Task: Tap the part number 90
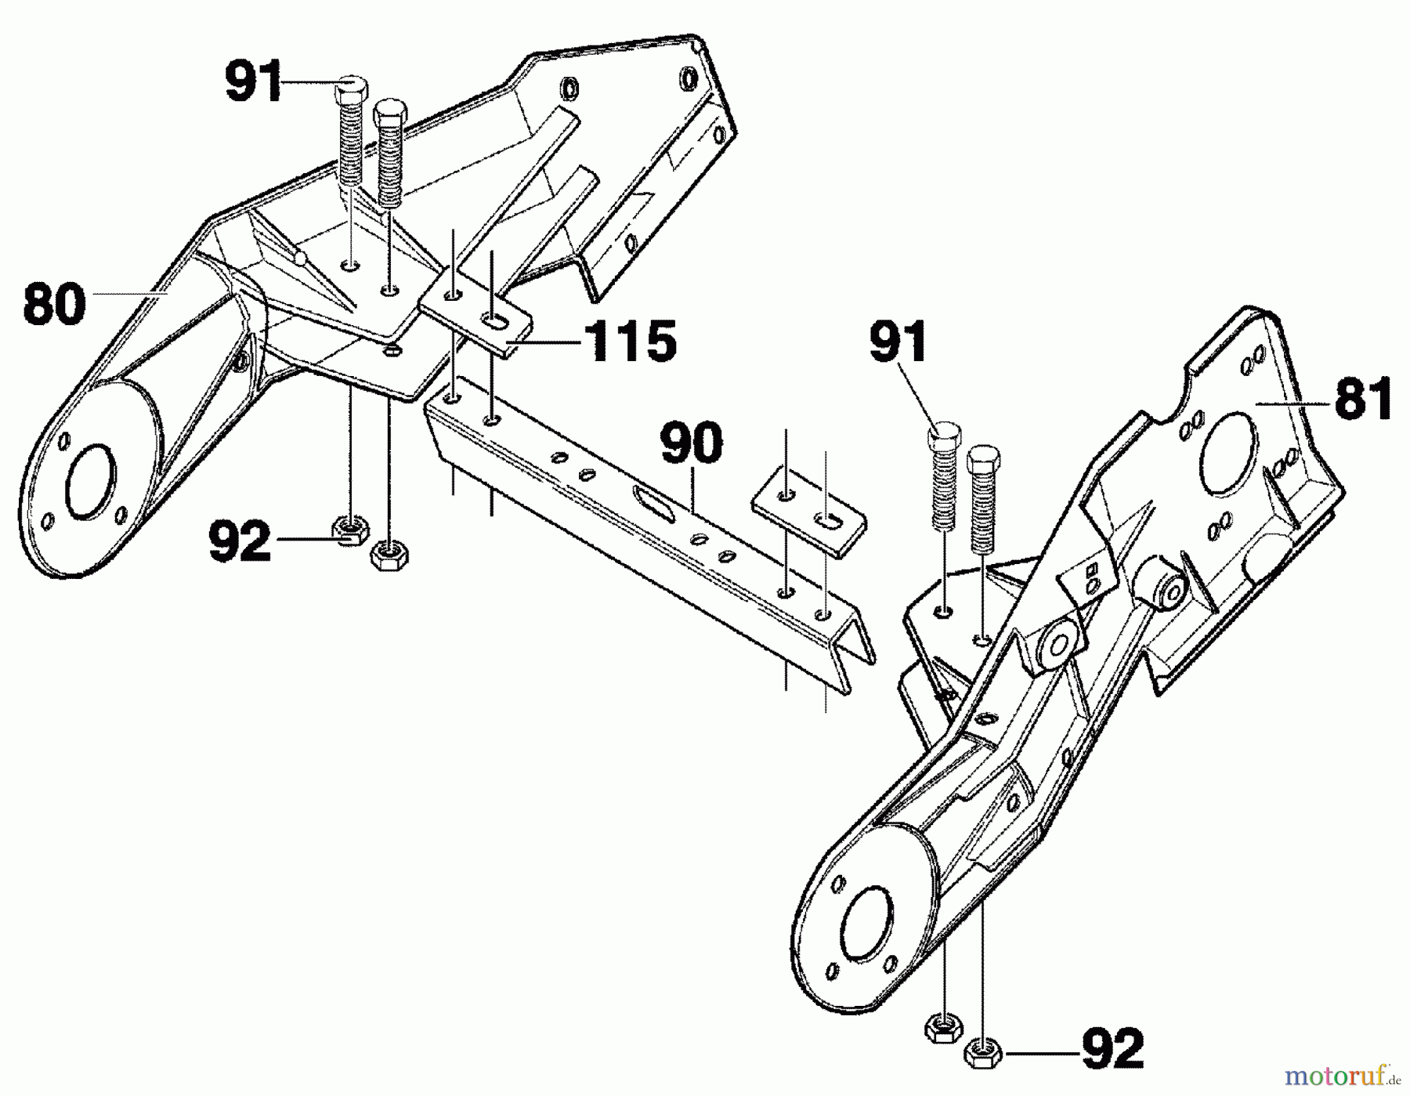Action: click(x=691, y=444)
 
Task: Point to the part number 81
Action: click(x=1364, y=399)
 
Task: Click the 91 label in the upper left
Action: click(x=253, y=82)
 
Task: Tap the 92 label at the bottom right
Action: click(x=1112, y=1050)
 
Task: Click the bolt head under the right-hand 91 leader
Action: click(x=945, y=436)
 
